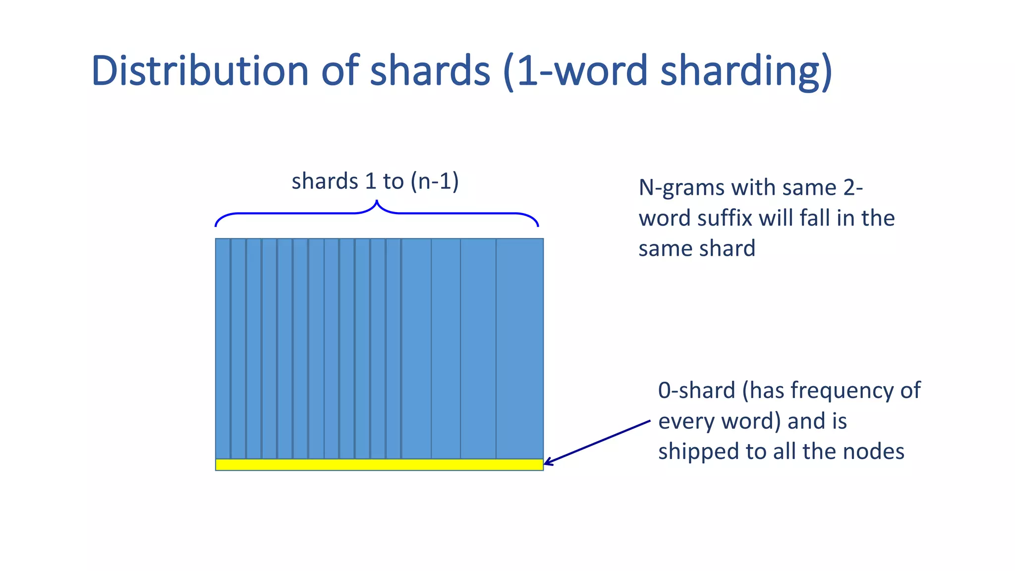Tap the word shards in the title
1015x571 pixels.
pyautogui.click(x=430, y=70)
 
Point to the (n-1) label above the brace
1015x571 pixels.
pyautogui.click(x=435, y=181)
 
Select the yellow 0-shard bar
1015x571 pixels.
pyautogui.click(x=379, y=464)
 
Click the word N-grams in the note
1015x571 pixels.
pyautogui.click(x=681, y=188)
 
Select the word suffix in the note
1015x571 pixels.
pyautogui.click(x=724, y=218)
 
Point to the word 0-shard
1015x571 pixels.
pyautogui.click(x=696, y=391)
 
